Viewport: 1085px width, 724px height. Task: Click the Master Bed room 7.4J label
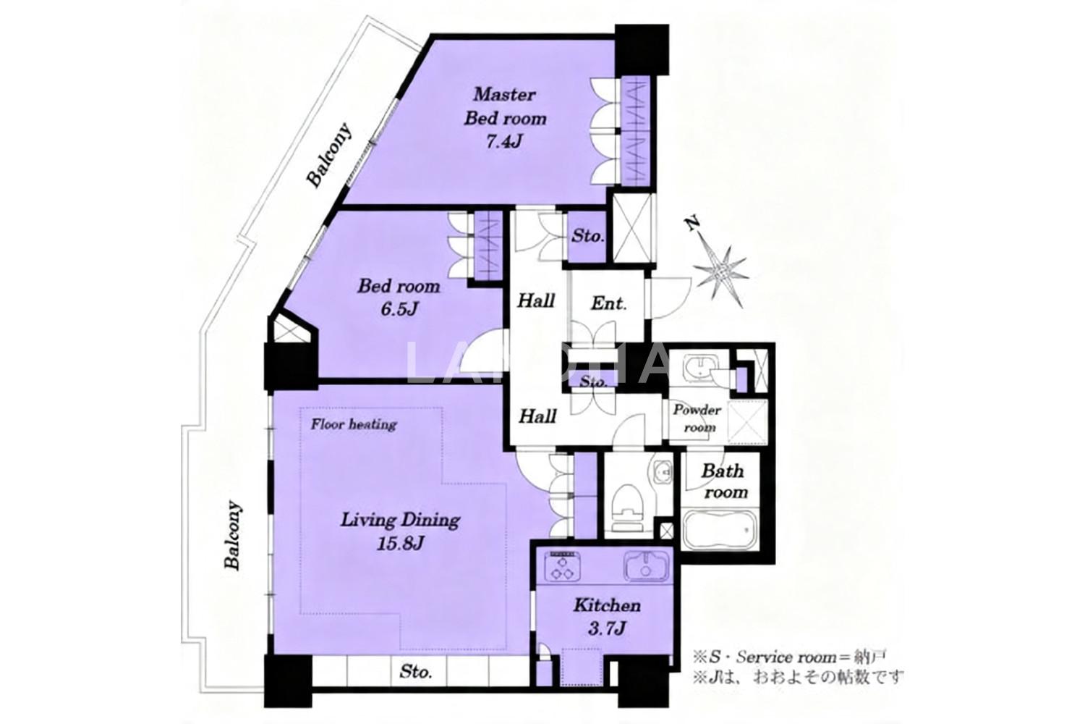[505, 118]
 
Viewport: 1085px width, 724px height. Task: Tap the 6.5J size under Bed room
[399, 309]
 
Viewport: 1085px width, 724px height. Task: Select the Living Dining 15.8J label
[400, 531]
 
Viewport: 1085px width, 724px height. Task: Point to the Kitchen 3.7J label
[607, 617]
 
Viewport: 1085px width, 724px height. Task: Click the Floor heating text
[354, 425]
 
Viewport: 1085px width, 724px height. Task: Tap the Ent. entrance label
[609, 304]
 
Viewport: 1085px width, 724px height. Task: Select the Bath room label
[724, 481]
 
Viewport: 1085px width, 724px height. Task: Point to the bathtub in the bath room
[719, 530]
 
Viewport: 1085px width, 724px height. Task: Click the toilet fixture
[626, 509]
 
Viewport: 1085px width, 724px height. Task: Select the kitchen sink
[646, 566]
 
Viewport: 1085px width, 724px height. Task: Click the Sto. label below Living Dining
[416, 672]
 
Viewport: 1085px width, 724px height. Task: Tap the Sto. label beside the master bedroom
[587, 236]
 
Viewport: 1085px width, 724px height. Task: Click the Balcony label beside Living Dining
[233, 535]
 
